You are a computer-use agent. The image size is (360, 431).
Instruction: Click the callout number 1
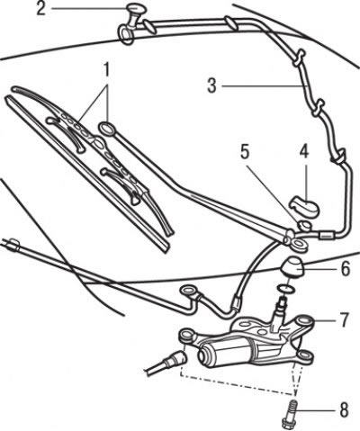pos(105,70)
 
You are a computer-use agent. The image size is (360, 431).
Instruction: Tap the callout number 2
pos(41,9)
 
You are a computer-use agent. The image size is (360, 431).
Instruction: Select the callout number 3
pos(211,85)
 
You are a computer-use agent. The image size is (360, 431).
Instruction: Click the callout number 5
pos(245,152)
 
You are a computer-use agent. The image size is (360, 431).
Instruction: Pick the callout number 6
pos(346,269)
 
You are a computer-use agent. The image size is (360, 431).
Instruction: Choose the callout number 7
pos(344,320)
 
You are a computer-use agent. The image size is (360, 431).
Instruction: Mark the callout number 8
pos(344,409)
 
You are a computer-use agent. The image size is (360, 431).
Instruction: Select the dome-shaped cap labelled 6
pos(293,268)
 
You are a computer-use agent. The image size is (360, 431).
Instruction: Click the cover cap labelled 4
pos(304,206)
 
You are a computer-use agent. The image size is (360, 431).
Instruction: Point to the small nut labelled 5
pos(304,225)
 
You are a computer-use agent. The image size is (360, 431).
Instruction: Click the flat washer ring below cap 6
pos(286,289)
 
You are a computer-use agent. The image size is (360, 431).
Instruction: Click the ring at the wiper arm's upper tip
pos(107,129)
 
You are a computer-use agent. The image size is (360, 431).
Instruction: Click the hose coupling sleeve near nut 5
pos(327,235)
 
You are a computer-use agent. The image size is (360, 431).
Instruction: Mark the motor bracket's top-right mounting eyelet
pos(303,321)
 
